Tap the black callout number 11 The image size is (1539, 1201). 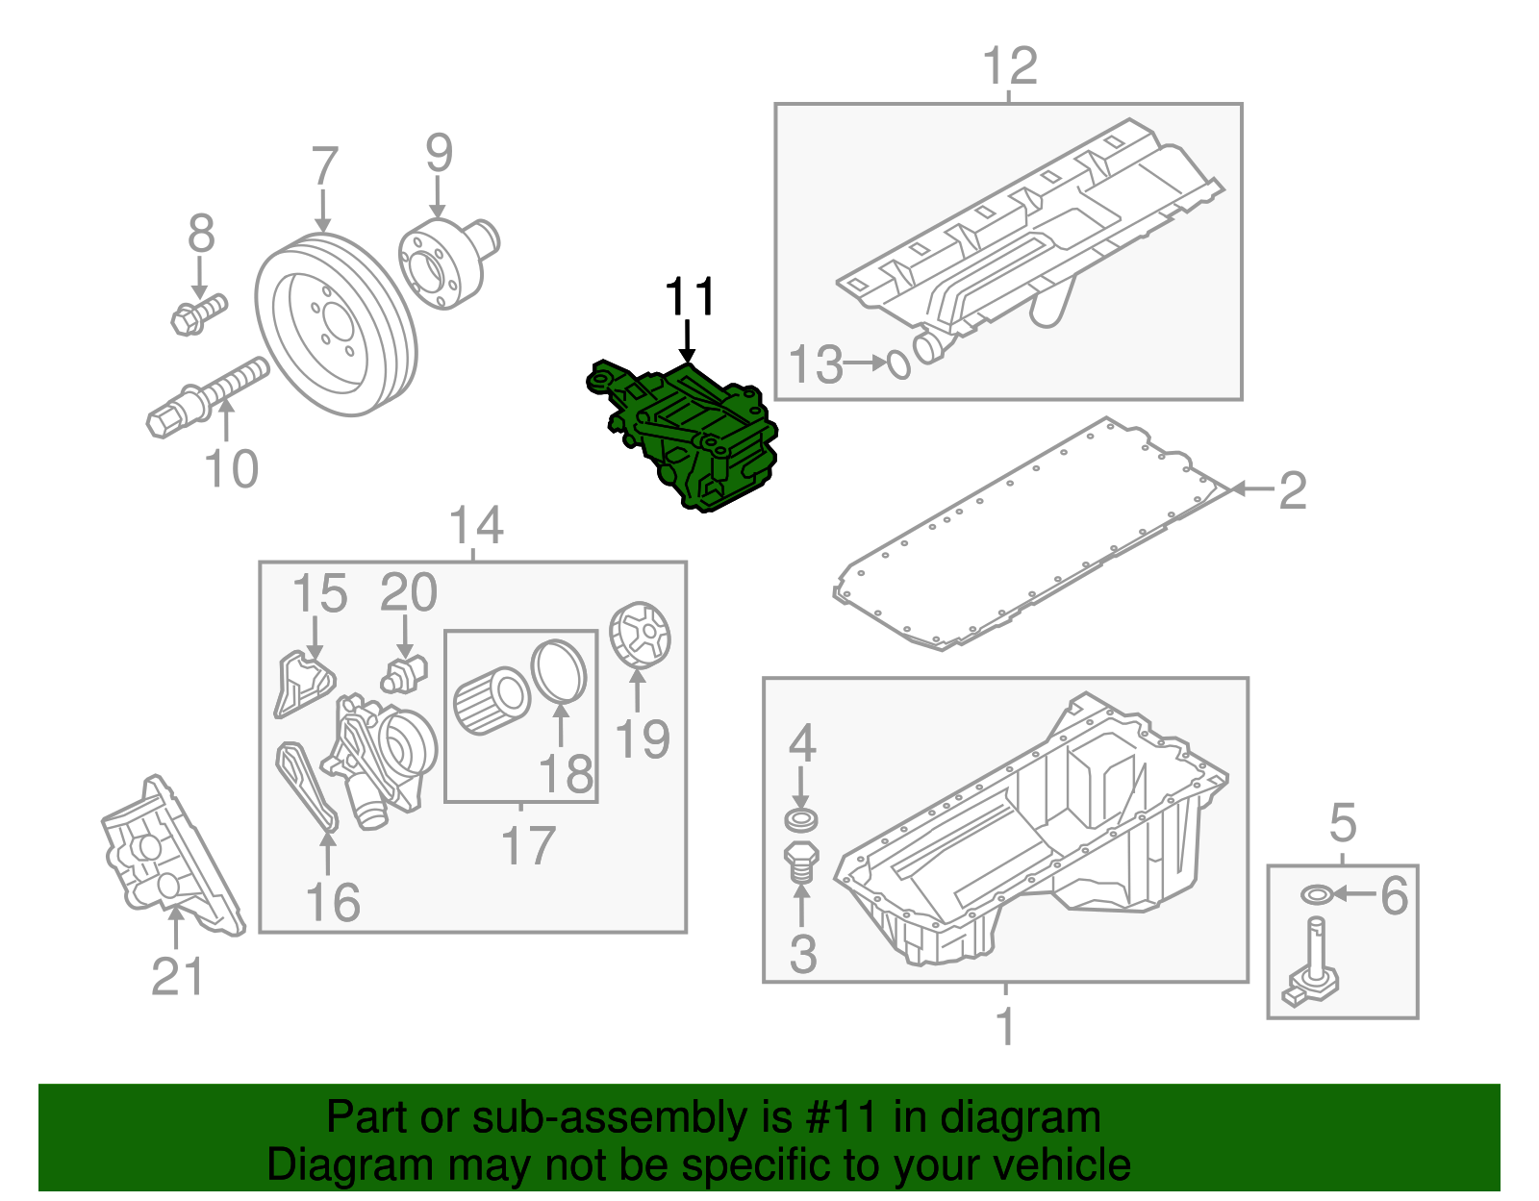coord(690,297)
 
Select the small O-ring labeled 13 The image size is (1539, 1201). coord(897,364)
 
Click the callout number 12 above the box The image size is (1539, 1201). coord(1010,66)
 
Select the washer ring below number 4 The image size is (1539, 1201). coord(801,820)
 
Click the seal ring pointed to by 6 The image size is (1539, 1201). coord(1316,895)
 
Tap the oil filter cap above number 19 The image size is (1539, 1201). coord(641,634)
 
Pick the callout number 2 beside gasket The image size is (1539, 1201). coord(1292,490)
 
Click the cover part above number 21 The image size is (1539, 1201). coord(168,856)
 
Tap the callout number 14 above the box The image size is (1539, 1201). coord(475,526)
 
